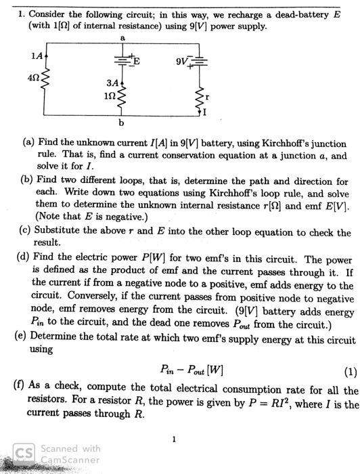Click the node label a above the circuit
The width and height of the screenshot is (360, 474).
[123, 39]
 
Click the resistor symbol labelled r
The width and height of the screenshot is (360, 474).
[200, 99]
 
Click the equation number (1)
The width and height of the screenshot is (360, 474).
[350, 370]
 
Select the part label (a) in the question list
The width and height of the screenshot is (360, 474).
[30, 144]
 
